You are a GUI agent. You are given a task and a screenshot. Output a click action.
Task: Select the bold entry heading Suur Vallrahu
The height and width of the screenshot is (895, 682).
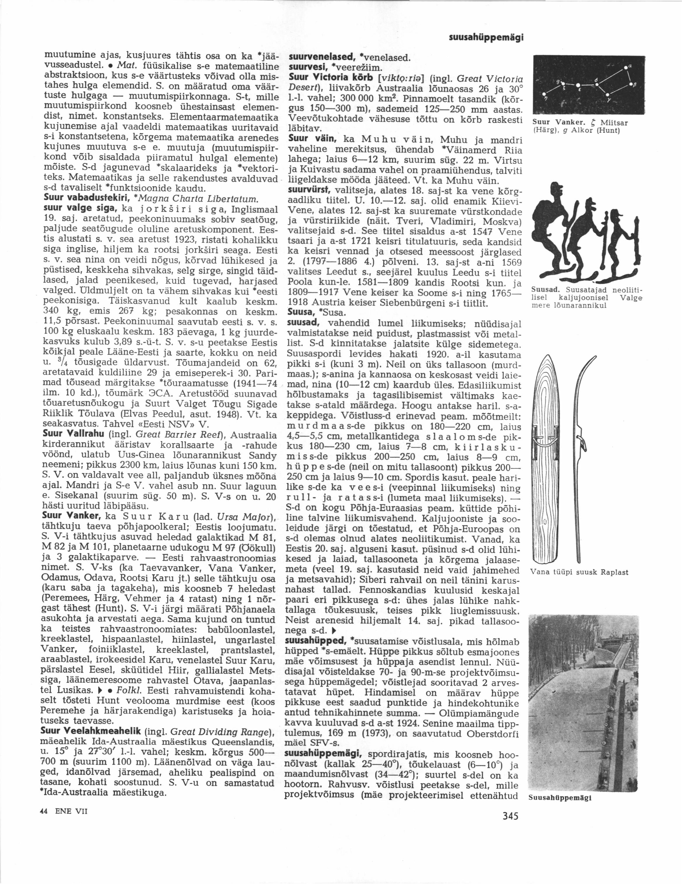click(x=72, y=433)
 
